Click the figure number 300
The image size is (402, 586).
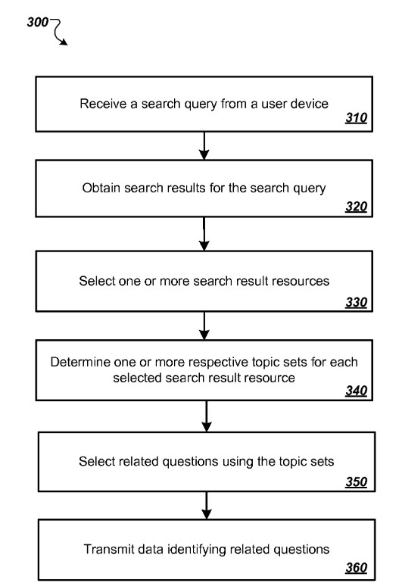click(x=38, y=22)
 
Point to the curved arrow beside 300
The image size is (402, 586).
click(x=58, y=31)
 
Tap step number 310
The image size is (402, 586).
click(x=356, y=117)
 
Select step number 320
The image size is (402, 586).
click(x=356, y=206)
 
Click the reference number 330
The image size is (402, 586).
click(x=356, y=302)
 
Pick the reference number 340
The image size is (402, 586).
click(x=356, y=391)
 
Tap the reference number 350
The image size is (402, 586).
click(x=356, y=482)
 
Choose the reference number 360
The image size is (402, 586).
click(x=356, y=568)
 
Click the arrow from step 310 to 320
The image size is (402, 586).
click(x=204, y=146)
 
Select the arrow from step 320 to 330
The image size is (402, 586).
click(x=204, y=234)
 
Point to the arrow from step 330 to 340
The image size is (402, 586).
click(x=204, y=326)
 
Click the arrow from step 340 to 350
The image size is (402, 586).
click(x=207, y=416)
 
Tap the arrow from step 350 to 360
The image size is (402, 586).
click(x=207, y=506)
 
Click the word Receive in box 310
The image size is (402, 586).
click(x=103, y=104)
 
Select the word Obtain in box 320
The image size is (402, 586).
click(x=101, y=188)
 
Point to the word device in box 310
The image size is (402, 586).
click(x=311, y=104)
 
